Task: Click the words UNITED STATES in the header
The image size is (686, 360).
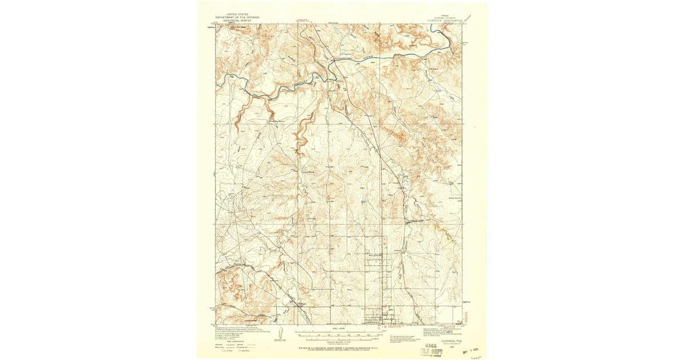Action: pos(237,13)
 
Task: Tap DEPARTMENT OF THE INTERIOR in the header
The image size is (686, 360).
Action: pos(237,17)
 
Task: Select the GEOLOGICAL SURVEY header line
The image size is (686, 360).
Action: pos(237,21)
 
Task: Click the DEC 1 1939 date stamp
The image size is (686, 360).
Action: pos(474,351)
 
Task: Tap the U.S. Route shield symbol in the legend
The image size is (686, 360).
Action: pos(224,350)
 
